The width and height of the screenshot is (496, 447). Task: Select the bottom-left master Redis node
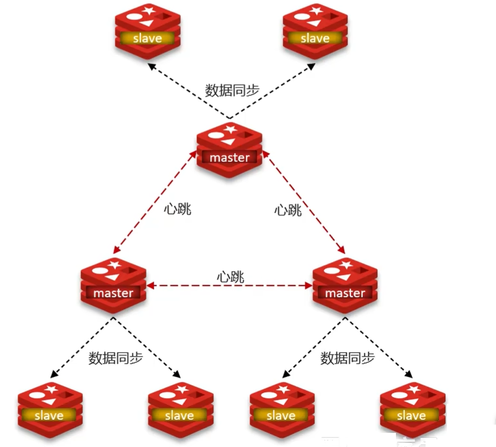click(113, 287)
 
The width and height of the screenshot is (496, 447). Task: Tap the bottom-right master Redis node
click(345, 287)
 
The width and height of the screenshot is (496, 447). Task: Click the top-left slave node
click(148, 31)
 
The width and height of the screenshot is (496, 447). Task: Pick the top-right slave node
click(315, 31)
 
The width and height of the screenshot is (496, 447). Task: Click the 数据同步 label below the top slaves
click(232, 91)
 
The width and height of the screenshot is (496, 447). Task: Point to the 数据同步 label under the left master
click(116, 359)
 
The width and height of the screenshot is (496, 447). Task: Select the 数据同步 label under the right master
click(347, 359)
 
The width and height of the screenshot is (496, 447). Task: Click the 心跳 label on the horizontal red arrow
click(230, 277)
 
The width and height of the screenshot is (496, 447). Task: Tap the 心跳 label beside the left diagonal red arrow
click(177, 209)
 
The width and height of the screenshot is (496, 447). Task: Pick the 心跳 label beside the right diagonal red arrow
click(288, 210)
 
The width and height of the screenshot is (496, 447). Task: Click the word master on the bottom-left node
click(113, 293)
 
